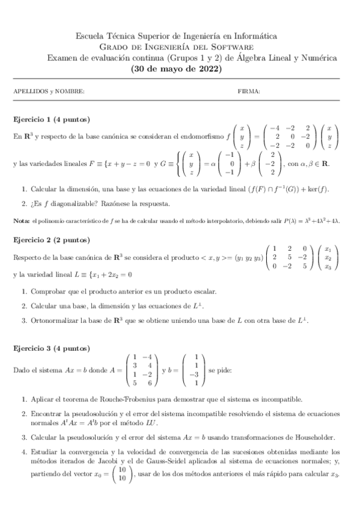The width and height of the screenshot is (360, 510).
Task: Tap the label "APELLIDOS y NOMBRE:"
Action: pyautogui.click(x=49, y=91)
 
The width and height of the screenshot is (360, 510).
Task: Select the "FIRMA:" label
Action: pyautogui.click(x=249, y=91)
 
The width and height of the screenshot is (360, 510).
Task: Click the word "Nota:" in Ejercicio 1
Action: pyautogui.click(x=22, y=221)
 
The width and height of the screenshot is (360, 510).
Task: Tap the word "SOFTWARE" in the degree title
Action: pyautogui.click(x=234, y=47)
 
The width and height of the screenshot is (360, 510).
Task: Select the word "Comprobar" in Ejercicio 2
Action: pyautogui.click(x=49, y=292)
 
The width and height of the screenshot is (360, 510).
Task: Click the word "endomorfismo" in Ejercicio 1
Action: pyautogui.click(x=199, y=137)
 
